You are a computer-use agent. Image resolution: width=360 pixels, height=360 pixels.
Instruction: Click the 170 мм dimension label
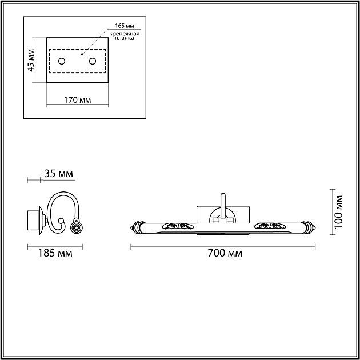(78, 101)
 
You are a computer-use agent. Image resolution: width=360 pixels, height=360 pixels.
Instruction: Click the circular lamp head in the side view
(75, 228)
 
